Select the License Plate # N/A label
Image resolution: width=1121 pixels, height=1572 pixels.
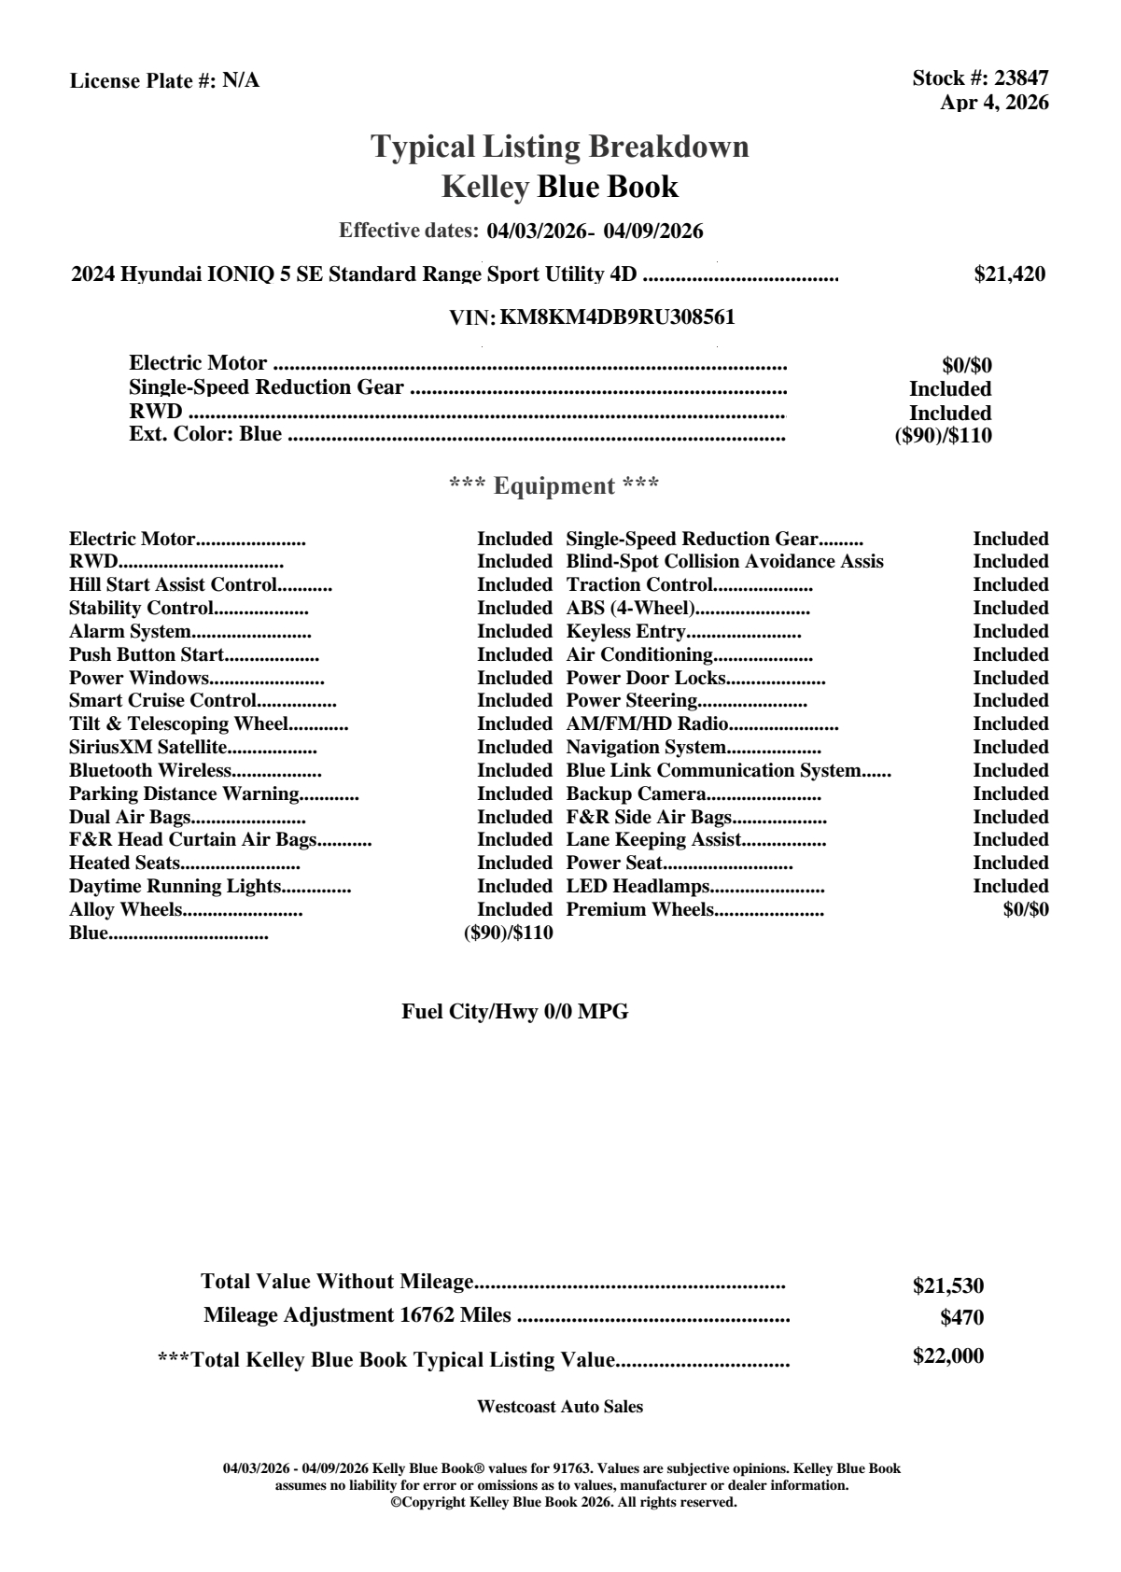click(164, 81)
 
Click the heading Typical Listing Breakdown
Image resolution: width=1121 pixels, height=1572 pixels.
click(560, 147)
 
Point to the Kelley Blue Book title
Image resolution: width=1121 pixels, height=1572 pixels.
click(560, 187)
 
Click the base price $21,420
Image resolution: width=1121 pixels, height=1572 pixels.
click(1010, 274)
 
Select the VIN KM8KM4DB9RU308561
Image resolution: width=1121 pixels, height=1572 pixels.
click(617, 317)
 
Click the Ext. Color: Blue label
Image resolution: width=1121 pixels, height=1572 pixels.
click(205, 434)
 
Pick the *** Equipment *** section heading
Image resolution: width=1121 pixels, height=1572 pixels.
click(554, 485)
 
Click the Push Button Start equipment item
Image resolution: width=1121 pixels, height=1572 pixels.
click(147, 654)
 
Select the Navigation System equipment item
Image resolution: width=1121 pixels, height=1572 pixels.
click(646, 747)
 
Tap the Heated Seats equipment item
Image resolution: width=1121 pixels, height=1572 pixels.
click(124, 863)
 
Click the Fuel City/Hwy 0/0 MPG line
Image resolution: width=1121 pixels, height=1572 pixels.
click(515, 1012)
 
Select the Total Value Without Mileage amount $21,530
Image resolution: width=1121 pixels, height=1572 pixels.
click(948, 1286)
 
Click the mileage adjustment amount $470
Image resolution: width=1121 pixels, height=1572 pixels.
click(962, 1318)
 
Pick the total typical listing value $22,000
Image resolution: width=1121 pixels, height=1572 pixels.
click(948, 1356)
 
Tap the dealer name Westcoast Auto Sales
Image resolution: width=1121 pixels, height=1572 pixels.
click(560, 1407)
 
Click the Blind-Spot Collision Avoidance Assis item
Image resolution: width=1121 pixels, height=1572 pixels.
click(724, 562)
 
